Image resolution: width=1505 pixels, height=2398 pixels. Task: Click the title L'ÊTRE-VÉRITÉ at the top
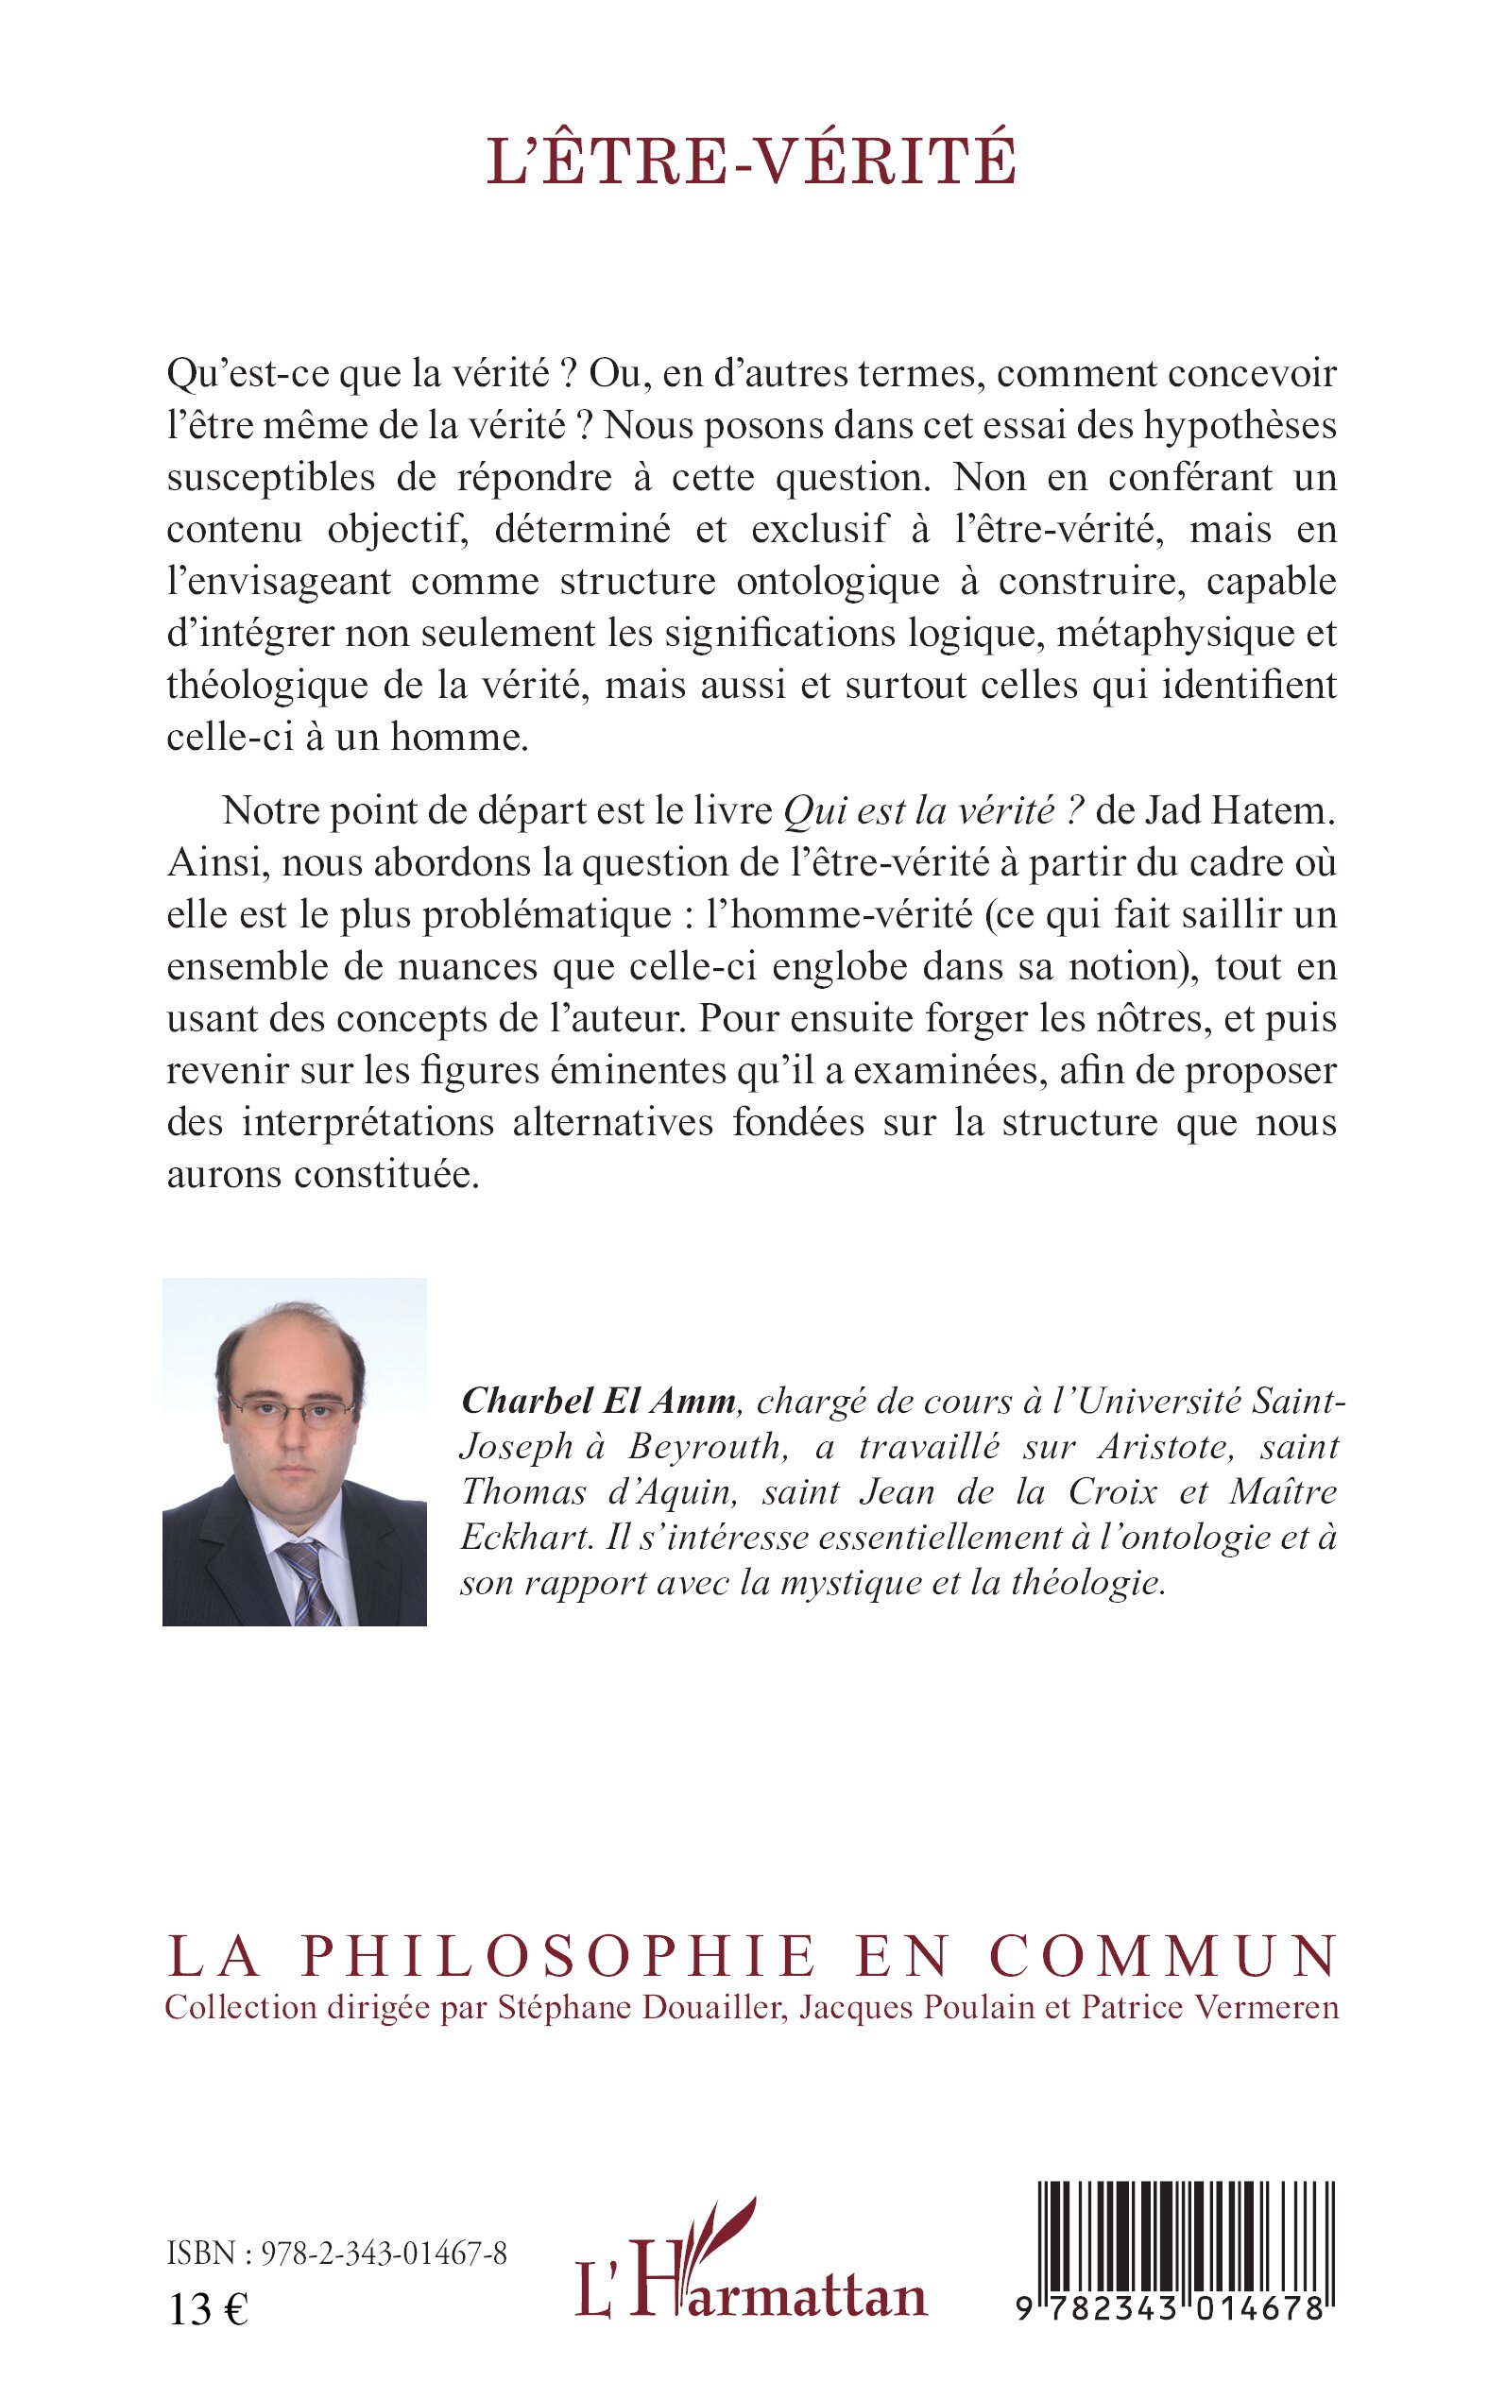click(x=752, y=162)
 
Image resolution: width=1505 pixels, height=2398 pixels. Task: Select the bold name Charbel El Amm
click(x=598, y=1401)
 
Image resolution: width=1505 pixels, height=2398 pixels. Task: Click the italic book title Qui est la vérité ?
click(x=932, y=811)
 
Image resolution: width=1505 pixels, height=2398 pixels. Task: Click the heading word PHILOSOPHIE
click(x=558, y=1956)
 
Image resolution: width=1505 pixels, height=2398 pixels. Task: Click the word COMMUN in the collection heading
click(x=1164, y=1956)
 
